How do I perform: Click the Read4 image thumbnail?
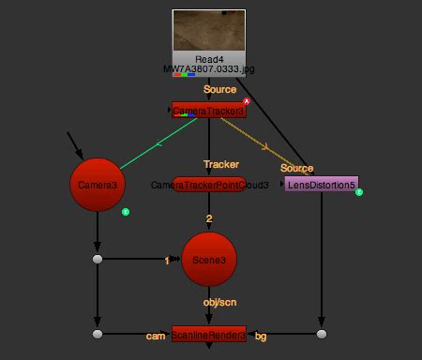[209, 31]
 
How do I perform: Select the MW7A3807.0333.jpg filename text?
[209, 69]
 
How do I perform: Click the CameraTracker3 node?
[208, 111]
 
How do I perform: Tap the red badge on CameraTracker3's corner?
[247, 101]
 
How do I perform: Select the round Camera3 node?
[98, 185]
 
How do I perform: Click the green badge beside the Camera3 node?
[126, 212]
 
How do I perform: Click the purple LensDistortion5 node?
[321, 185]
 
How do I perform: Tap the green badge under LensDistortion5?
[358, 193]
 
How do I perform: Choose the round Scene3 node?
[209, 260]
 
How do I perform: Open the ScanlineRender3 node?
[209, 335]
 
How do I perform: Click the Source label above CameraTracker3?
[219, 89]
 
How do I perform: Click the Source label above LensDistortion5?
[296, 168]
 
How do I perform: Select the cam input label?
[156, 335]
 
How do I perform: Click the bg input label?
[261, 335]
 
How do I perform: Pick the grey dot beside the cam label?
[98, 334]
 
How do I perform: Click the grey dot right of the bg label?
[322, 334]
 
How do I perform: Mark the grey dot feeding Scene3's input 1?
[98, 259]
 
